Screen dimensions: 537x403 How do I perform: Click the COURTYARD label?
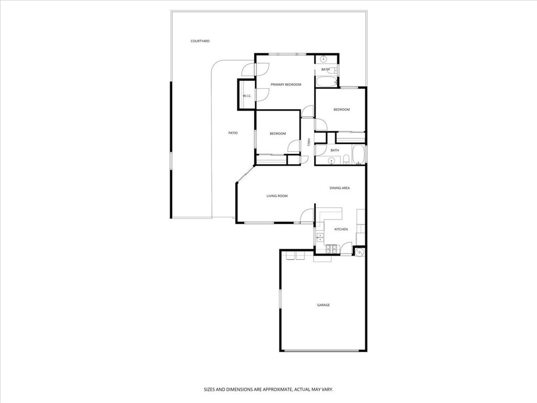click(200, 41)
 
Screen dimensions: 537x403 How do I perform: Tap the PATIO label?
click(233, 133)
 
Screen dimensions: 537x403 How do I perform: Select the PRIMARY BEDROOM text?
click(286, 84)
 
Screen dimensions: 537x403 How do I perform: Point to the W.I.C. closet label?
click(247, 96)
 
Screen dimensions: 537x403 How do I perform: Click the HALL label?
click(308, 143)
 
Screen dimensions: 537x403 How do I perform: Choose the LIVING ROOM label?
click(277, 196)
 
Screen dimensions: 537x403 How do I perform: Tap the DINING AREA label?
click(340, 188)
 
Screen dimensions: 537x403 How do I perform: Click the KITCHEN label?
click(341, 229)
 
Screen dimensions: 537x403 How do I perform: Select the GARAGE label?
click(323, 305)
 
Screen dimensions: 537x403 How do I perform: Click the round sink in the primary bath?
click(324, 59)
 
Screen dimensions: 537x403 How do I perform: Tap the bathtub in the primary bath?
click(326, 82)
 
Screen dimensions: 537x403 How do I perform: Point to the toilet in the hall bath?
click(346, 160)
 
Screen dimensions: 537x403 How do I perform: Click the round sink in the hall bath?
click(331, 161)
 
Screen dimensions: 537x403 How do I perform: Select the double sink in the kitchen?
click(320, 238)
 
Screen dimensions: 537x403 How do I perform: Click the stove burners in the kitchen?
click(331, 249)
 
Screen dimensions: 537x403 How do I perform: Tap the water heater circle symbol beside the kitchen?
click(360, 252)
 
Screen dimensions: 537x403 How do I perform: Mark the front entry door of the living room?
click(307, 216)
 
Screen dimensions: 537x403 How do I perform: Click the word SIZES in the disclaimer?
click(209, 390)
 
